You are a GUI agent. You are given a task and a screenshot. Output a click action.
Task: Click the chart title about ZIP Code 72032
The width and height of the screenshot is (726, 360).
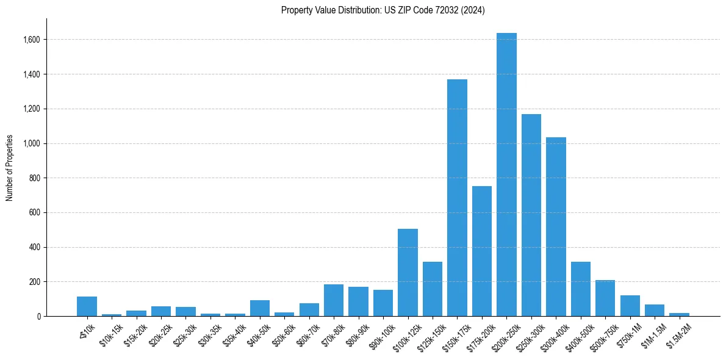(x=383, y=10)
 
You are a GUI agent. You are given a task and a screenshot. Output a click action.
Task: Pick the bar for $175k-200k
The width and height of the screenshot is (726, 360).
(x=482, y=251)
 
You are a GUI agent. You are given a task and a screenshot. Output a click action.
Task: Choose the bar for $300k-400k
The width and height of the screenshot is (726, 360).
(x=556, y=226)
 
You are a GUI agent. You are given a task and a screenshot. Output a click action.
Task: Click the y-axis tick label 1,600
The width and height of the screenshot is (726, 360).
(x=32, y=40)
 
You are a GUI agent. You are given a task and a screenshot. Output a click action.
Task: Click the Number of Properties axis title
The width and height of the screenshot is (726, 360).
(x=10, y=168)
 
